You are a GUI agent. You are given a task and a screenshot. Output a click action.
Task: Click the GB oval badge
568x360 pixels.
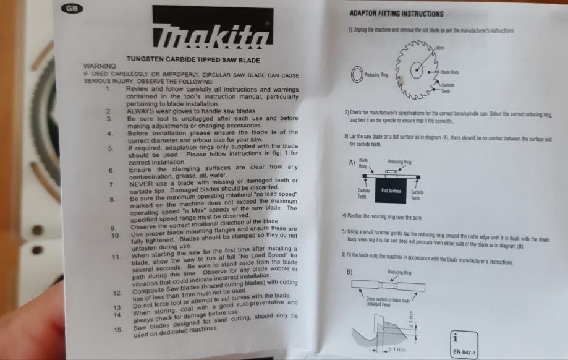click(72, 8)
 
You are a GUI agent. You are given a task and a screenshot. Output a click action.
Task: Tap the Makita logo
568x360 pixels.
click(213, 27)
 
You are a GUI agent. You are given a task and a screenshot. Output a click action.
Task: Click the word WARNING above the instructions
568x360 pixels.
click(100, 66)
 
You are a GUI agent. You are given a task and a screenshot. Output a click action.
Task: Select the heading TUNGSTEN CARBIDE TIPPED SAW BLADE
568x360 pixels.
click(193, 59)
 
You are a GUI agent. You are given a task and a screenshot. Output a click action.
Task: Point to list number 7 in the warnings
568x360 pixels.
click(112, 185)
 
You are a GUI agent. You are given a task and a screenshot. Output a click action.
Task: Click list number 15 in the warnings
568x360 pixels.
click(118, 330)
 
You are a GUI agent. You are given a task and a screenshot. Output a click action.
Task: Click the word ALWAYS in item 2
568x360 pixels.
click(140, 111)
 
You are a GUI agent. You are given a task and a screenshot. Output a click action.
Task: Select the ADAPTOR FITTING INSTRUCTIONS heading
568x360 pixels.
click(396, 14)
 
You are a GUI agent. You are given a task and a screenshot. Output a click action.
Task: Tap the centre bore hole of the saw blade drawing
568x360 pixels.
click(417, 70)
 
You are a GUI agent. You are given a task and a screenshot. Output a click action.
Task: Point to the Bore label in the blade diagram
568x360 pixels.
click(440, 48)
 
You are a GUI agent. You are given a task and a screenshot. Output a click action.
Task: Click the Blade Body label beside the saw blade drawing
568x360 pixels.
click(450, 72)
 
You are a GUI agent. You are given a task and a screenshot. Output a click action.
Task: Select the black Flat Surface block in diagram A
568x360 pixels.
click(391, 191)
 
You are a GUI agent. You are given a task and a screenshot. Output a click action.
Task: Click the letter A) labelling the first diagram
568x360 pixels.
click(352, 162)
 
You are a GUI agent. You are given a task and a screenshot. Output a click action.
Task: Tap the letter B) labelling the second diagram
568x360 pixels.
click(350, 272)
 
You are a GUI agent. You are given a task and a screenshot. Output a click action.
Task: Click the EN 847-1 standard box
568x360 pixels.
click(464, 345)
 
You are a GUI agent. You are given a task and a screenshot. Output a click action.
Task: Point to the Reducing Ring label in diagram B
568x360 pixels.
click(399, 272)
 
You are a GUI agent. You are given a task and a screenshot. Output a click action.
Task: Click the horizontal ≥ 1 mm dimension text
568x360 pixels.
click(397, 349)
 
